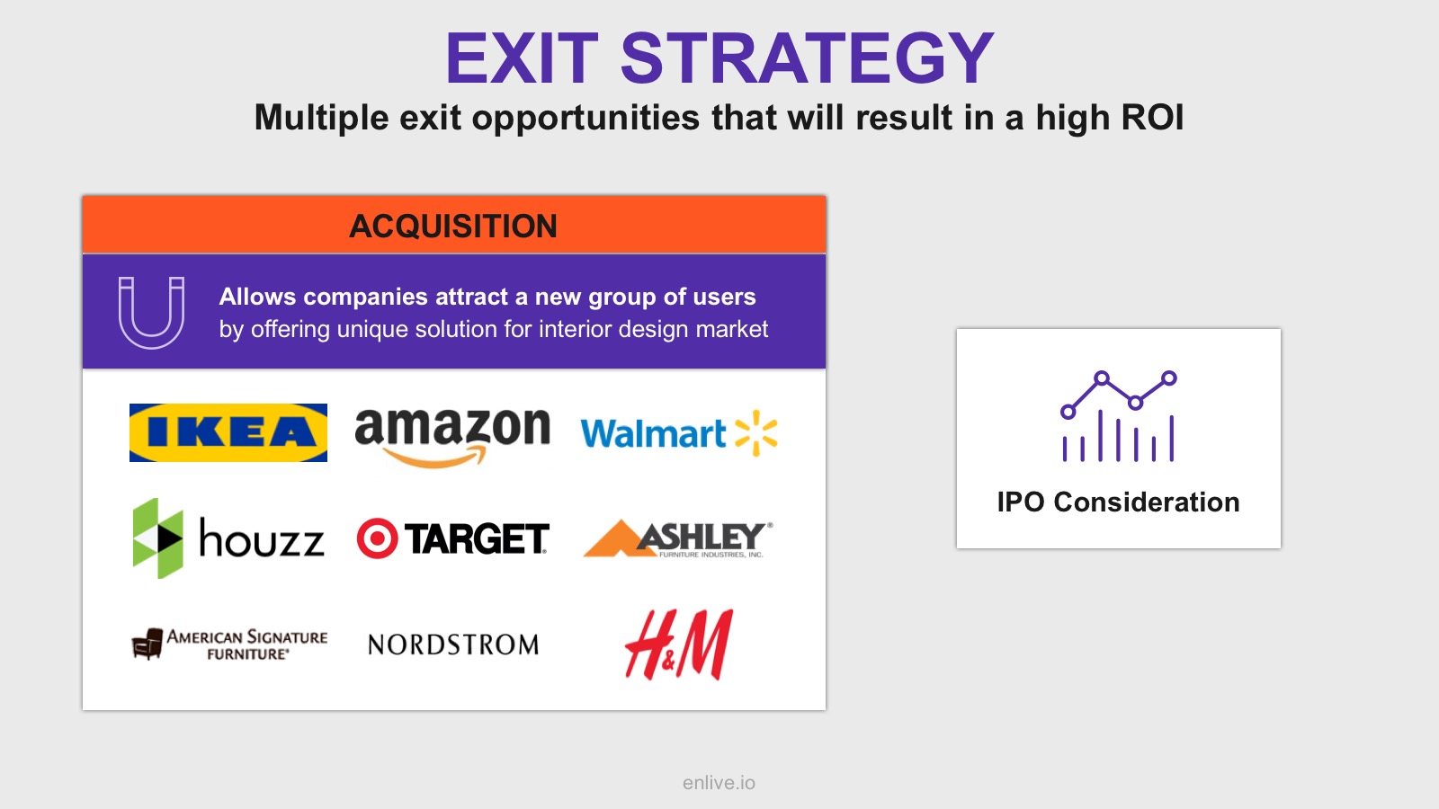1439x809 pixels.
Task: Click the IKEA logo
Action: point(228,432)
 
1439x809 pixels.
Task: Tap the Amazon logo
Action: point(452,438)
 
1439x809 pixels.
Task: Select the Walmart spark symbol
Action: point(756,433)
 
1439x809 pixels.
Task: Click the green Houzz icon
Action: point(158,538)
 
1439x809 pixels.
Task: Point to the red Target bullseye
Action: point(377,538)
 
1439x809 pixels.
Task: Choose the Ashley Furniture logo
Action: point(678,538)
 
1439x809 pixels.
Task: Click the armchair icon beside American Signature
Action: point(147,644)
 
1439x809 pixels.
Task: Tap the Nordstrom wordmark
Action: point(453,645)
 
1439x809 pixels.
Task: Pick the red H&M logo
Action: point(679,644)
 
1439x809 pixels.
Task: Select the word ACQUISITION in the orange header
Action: point(453,226)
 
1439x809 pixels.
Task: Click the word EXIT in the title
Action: point(522,58)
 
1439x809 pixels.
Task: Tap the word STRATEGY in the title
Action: point(807,58)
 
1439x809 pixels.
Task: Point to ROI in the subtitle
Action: point(1152,118)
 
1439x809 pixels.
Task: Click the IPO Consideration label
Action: point(1119,502)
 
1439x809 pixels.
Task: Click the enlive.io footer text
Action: point(719,783)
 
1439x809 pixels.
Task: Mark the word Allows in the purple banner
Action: point(257,297)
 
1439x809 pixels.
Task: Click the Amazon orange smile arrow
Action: point(434,458)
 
